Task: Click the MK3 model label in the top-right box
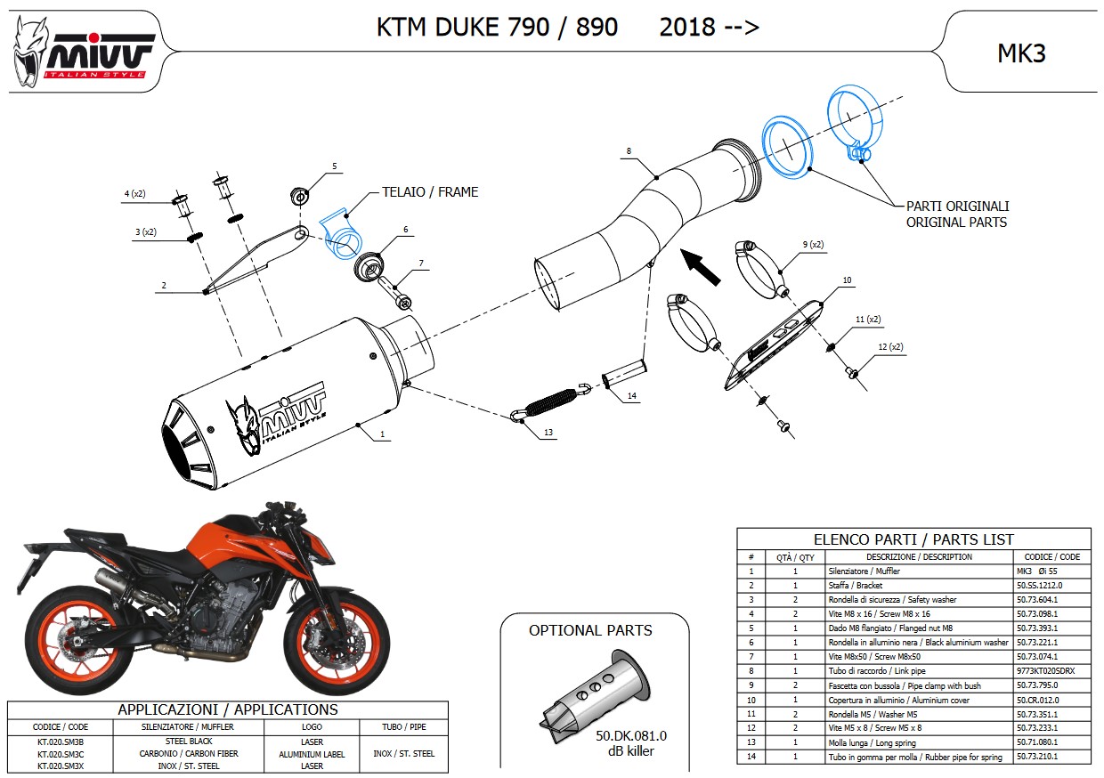tap(1020, 53)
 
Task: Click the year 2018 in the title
tap(686, 28)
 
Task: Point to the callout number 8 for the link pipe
tap(629, 151)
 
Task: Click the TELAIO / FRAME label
tap(429, 191)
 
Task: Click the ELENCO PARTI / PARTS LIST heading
tap(913, 539)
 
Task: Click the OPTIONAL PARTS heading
tap(590, 630)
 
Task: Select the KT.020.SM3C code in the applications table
tap(61, 753)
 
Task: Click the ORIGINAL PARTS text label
tap(956, 222)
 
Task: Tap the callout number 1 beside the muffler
tap(382, 435)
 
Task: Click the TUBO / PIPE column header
tap(405, 727)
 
